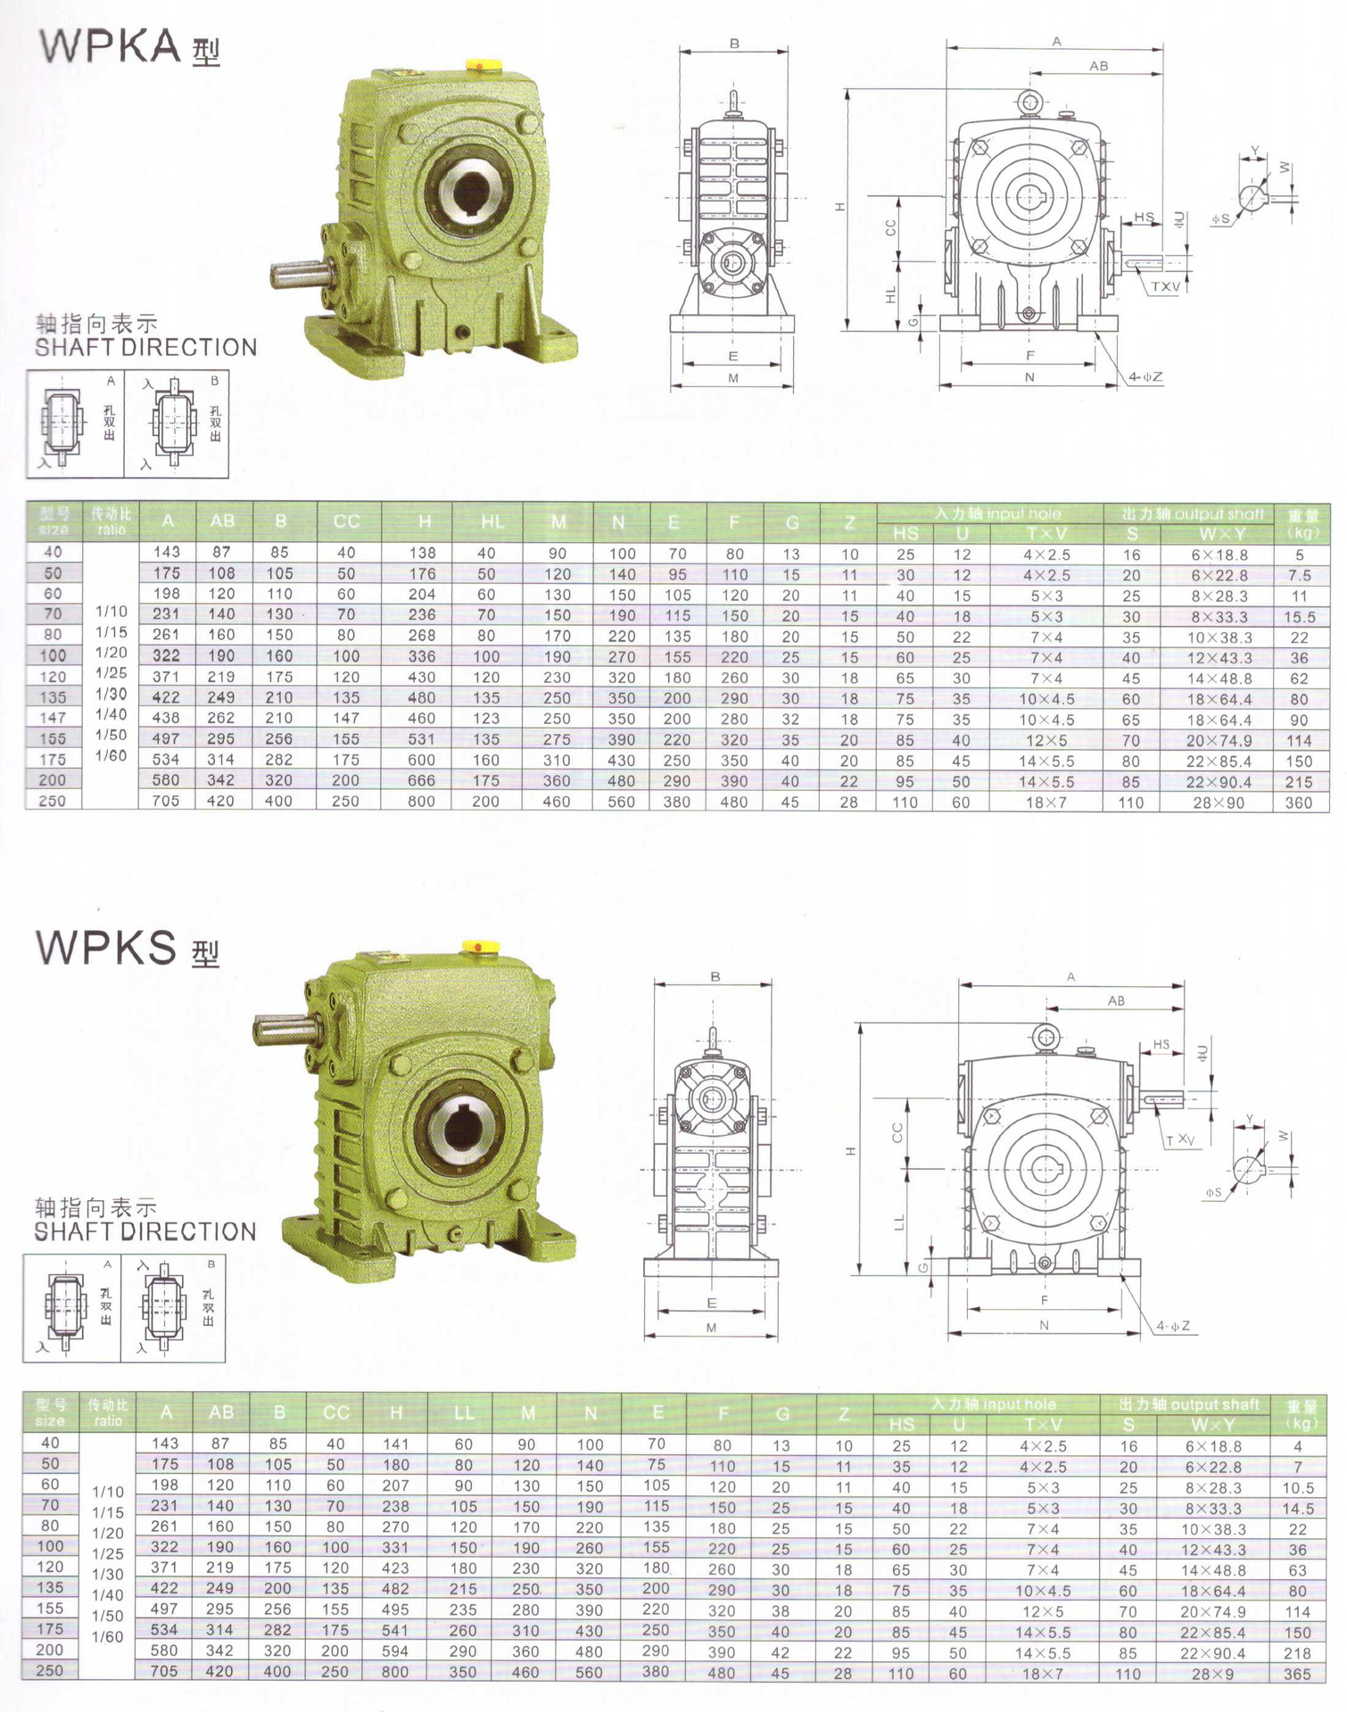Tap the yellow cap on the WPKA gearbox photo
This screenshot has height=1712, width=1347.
coord(483,65)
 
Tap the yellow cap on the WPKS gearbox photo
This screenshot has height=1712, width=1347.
coord(478,946)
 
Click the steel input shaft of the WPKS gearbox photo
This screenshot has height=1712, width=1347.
coord(282,1029)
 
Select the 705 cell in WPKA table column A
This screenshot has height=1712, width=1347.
coord(166,801)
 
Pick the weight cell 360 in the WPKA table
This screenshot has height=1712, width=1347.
coord(1298,802)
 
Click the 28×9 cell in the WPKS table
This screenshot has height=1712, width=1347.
coord(1212,1674)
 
